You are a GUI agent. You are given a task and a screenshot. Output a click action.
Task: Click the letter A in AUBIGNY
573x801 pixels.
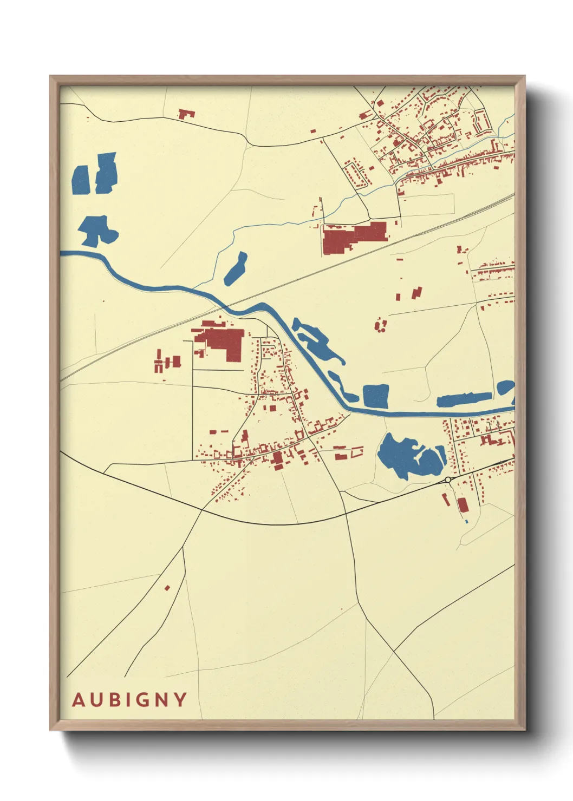(79, 700)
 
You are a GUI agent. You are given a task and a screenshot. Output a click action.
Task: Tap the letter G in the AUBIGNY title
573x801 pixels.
(140, 700)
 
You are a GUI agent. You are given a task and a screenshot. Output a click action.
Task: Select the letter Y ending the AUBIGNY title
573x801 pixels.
(180, 700)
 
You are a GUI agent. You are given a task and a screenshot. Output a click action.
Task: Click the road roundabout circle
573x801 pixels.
(448, 480)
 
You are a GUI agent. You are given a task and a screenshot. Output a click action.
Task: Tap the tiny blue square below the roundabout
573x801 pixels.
(466, 521)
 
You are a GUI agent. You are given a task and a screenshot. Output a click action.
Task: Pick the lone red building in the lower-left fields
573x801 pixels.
(167, 588)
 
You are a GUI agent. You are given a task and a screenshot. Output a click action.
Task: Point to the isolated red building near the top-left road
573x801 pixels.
(186, 114)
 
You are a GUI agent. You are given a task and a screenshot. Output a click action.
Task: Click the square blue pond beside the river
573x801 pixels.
(376, 396)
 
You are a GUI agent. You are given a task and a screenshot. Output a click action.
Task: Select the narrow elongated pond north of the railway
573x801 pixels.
(236, 268)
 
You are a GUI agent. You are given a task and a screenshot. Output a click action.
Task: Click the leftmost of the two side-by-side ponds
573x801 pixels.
(80, 180)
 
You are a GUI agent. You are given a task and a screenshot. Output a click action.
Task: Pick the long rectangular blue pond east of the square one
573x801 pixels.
(463, 399)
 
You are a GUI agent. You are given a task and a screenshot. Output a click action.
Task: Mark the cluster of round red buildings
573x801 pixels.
(381, 325)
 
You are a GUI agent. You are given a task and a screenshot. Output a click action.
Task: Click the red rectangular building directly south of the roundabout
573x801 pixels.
(463, 505)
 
